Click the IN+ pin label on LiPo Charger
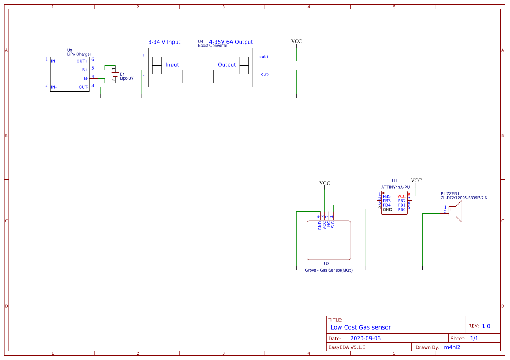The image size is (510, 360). (x=55, y=61)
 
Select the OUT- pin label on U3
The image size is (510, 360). (x=83, y=87)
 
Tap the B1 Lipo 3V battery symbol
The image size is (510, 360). (x=115, y=74)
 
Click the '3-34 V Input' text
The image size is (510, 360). (x=164, y=42)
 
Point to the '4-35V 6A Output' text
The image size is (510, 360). (x=231, y=42)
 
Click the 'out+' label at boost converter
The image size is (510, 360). (x=264, y=57)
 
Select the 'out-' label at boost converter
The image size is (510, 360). (x=265, y=74)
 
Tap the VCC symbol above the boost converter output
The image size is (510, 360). (x=296, y=41)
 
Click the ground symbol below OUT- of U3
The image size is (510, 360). (x=100, y=99)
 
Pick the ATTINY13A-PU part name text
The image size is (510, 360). (x=395, y=187)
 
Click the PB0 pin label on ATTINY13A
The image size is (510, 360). (x=402, y=209)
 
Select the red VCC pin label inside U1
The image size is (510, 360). (x=401, y=196)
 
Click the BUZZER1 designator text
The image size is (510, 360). (x=450, y=194)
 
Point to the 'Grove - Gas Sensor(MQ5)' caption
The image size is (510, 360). (x=329, y=270)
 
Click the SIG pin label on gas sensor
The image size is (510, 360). (x=333, y=225)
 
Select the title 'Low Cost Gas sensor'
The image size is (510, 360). (x=361, y=327)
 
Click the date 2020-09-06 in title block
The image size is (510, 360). (x=365, y=338)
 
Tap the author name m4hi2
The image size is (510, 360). (x=452, y=347)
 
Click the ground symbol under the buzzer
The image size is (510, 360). (x=422, y=271)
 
